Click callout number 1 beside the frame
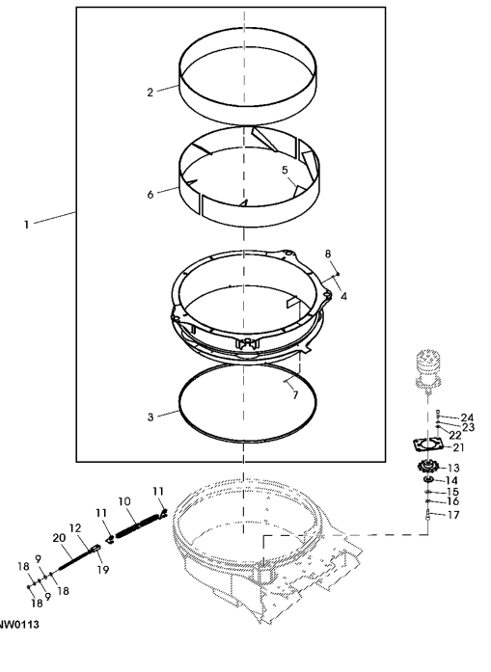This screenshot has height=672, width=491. coord(26,224)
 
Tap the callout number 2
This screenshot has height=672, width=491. coord(150,93)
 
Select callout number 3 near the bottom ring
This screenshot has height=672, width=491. coord(150,417)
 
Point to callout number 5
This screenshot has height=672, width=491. coord(286,170)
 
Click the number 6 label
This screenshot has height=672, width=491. coord(150,195)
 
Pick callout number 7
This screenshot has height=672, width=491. coord(295,394)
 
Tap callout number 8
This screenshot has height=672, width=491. coord(328,254)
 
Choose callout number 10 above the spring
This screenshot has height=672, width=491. coord(124,501)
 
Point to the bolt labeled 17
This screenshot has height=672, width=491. coord(428,515)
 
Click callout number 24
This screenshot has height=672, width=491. coord(467,417)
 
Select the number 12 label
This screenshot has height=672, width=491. coord(75,528)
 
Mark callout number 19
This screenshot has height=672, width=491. coord(103,569)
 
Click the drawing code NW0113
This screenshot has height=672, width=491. coord(19,625)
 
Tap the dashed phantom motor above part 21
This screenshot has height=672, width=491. coord(427,371)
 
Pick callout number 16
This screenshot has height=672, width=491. coord(452,501)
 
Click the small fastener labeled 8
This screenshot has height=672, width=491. coord(338,274)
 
